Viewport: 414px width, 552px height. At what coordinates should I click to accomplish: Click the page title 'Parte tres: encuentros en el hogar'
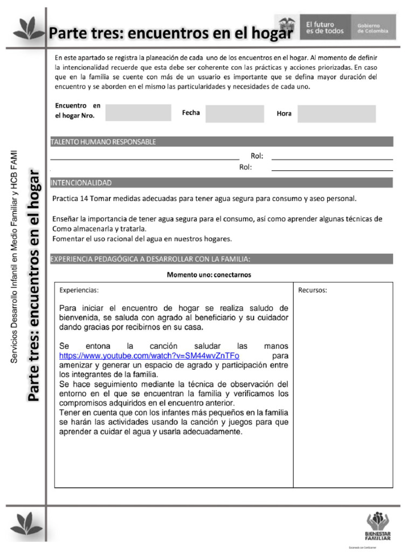[x=171, y=33]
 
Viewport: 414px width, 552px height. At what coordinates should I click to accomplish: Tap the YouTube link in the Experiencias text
[x=149, y=356]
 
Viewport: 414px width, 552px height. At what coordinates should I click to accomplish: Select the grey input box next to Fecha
[x=234, y=113]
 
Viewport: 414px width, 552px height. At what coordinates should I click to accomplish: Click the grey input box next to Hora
[x=336, y=113]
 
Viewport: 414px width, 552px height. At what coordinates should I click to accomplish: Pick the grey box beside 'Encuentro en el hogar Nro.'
[x=138, y=113]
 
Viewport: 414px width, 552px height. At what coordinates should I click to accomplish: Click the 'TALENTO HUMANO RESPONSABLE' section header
[x=103, y=142]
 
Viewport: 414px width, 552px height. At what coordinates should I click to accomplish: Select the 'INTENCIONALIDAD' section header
[x=81, y=183]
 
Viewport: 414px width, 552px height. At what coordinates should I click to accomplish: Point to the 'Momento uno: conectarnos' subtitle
[x=209, y=274]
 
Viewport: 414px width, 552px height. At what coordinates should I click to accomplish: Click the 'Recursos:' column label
[x=313, y=290]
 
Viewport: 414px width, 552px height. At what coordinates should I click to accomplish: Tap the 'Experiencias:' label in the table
[x=79, y=290]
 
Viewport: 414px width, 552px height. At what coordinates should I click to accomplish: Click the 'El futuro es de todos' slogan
[x=325, y=27]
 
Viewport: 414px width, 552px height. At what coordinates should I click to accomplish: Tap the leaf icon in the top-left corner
[x=27, y=28]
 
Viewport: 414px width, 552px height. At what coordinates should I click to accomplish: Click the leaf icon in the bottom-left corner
[x=27, y=523]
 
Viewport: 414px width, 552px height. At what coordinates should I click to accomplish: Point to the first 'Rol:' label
[x=257, y=156]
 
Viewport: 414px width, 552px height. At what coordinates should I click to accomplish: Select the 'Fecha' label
[x=191, y=113]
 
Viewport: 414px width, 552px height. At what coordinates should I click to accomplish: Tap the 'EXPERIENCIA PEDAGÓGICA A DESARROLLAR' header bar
[x=150, y=259]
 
